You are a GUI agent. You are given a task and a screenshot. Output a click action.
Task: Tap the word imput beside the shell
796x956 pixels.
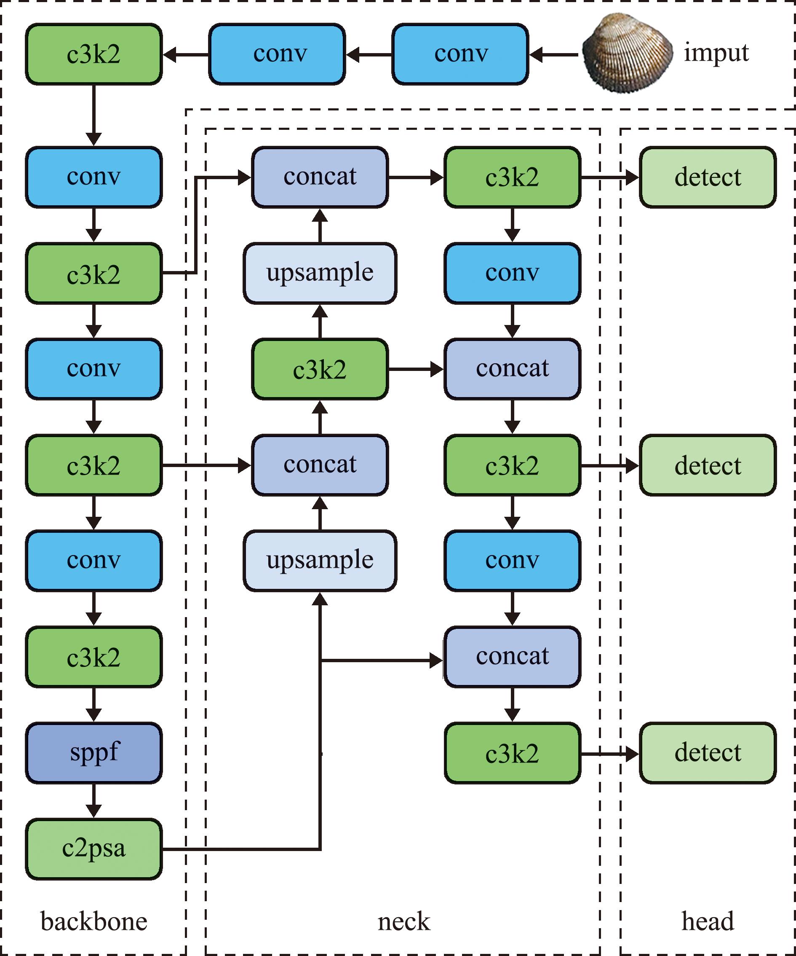(716, 54)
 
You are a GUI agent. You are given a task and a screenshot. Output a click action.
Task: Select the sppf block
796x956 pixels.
(93, 753)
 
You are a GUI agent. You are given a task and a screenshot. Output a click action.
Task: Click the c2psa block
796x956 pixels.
(93, 849)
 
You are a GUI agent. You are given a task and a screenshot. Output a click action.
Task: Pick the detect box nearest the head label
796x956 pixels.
(708, 753)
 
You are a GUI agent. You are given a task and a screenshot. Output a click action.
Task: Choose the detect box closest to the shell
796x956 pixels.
(708, 177)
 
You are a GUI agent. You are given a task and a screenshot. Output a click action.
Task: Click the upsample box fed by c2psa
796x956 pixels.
(320, 561)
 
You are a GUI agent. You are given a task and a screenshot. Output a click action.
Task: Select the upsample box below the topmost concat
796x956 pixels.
(320, 273)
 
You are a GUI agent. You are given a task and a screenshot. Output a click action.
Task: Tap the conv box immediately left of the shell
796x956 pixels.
(460, 54)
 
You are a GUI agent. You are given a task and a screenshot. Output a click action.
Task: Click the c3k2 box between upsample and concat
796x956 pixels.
(320, 369)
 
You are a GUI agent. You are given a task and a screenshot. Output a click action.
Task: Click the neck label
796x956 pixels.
(404, 922)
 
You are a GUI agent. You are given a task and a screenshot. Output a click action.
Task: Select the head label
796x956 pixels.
(708, 921)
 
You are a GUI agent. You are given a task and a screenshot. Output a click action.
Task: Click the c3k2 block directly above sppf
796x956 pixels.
(93, 657)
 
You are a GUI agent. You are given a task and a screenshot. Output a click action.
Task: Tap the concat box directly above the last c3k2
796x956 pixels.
(513, 657)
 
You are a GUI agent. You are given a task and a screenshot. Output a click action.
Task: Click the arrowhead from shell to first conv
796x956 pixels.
(537, 55)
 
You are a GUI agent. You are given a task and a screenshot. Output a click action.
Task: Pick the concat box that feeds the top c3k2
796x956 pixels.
(320, 177)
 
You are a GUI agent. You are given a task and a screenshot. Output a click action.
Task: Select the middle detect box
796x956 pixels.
(708, 465)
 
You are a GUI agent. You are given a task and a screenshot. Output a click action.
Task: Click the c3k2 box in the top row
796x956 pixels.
(93, 54)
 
